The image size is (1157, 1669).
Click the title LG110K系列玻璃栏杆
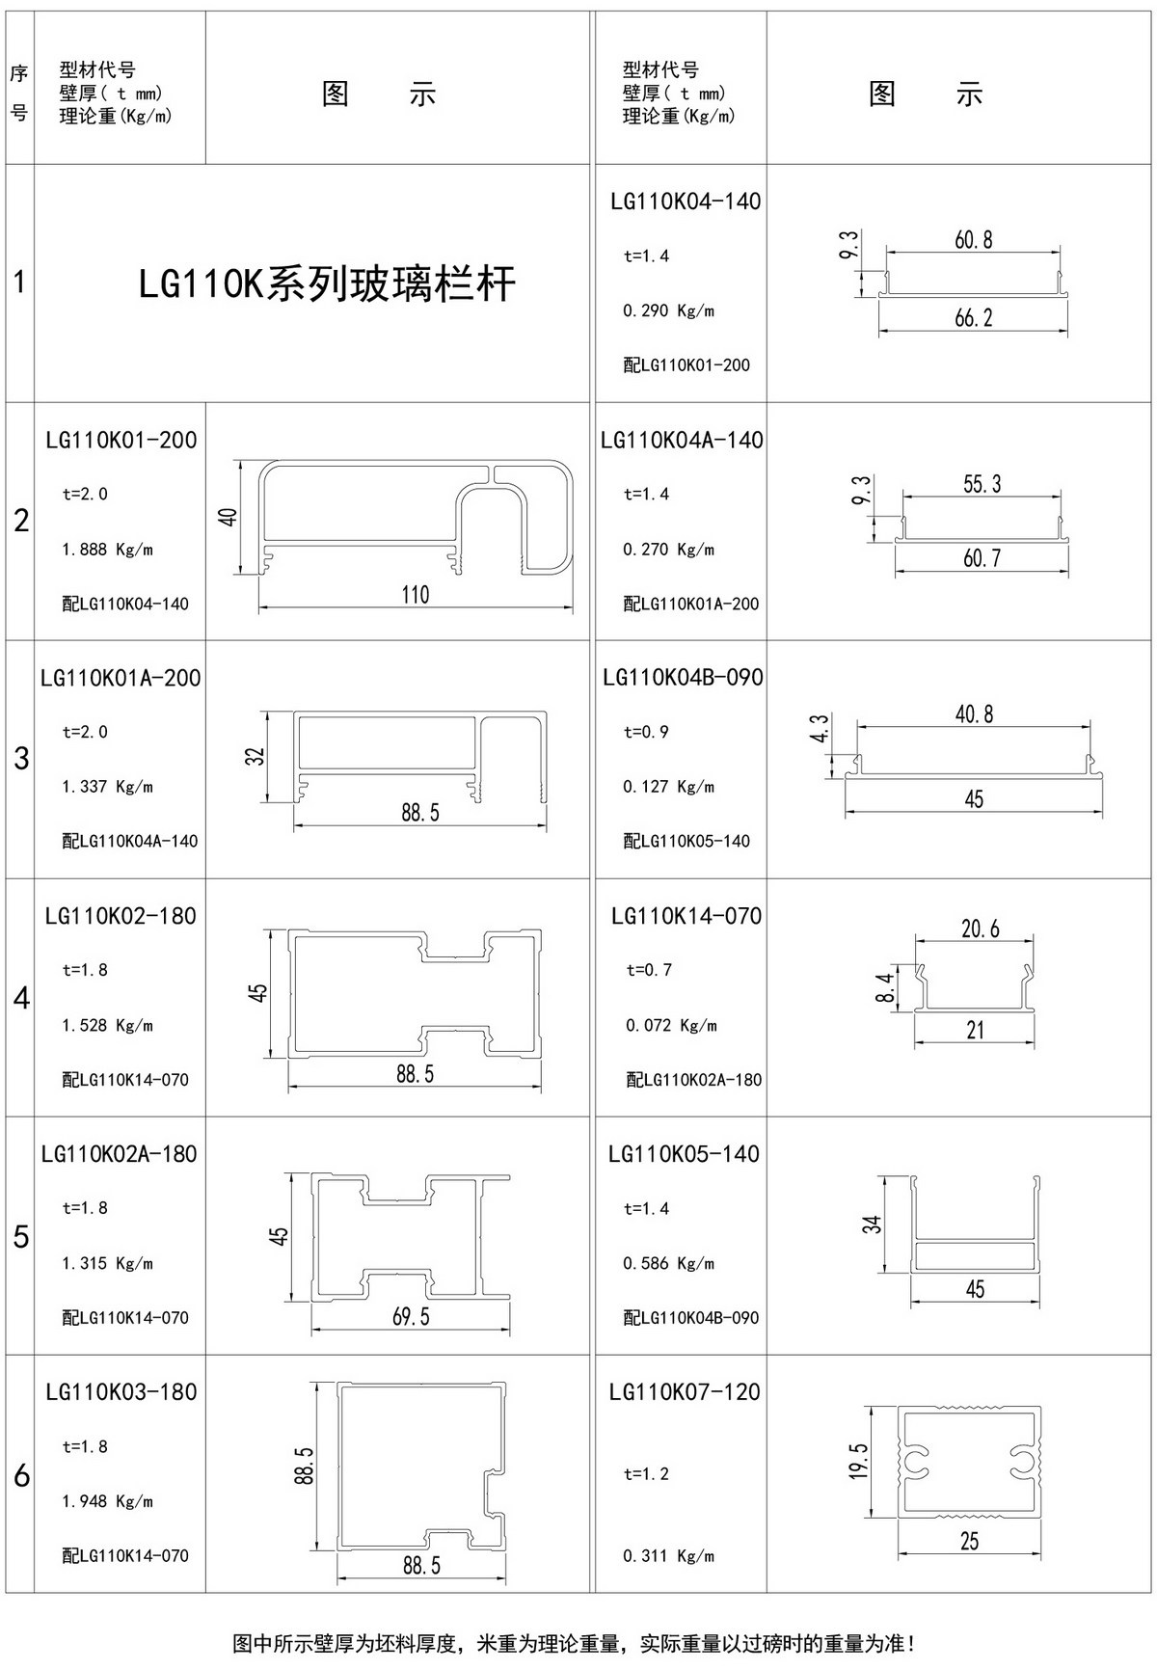(x=327, y=284)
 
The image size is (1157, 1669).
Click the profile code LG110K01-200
(x=121, y=440)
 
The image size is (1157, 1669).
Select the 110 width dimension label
(x=415, y=594)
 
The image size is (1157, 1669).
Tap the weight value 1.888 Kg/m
(x=107, y=550)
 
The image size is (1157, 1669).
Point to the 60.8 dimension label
(x=973, y=240)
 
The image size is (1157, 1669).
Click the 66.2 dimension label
(x=973, y=317)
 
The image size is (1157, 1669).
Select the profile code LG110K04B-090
(x=683, y=677)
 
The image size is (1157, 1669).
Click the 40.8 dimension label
(x=974, y=714)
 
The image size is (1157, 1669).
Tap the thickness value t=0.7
(x=649, y=970)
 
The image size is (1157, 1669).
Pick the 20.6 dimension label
(x=980, y=929)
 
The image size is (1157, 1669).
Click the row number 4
(x=21, y=998)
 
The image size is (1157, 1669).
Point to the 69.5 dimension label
(x=411, y=1316)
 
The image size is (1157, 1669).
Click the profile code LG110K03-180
(x=121, y=1391)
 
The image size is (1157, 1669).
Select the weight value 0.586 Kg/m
(x=669, y=1263)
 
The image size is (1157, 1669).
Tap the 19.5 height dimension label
(x=860, y=1462)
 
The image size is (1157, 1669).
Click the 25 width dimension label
(x=969, y=1541)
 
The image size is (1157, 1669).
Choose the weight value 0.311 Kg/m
(x=669, y=1555)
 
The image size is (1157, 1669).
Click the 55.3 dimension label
(x=982, y=484)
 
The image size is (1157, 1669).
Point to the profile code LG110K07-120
(x=685, y=1391)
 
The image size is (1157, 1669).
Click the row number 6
(x=21, y=1476)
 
